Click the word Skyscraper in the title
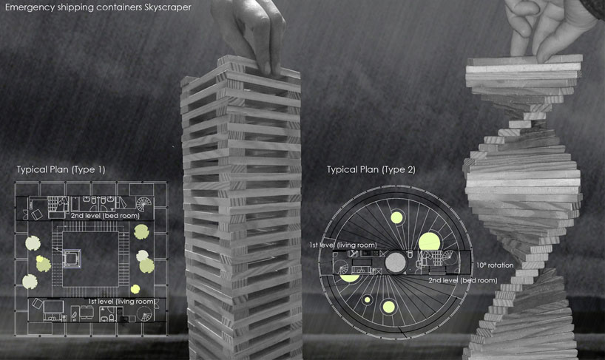(x=166, y=7)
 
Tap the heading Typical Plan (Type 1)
(x=61, y=169)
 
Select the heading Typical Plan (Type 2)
(x=371, y=169)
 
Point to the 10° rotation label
(x=495, y=265)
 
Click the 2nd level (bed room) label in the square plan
(x=105, y=216)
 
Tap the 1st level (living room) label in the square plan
(x=121, y=302)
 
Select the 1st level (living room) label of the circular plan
(x=343, y=245)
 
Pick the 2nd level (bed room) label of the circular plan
(x=462, y=280)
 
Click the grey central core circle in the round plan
(x=396, y=263)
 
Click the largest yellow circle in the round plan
(x=430, y=242)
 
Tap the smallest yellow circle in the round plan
(x=368, y=299)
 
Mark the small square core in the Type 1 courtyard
(x=72, y=258)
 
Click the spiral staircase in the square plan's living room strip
(x=145, y=313)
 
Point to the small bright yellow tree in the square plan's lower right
(x=135, y=289)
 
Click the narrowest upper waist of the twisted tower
(x=522, y=124)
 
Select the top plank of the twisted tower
(x=524, y=60)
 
